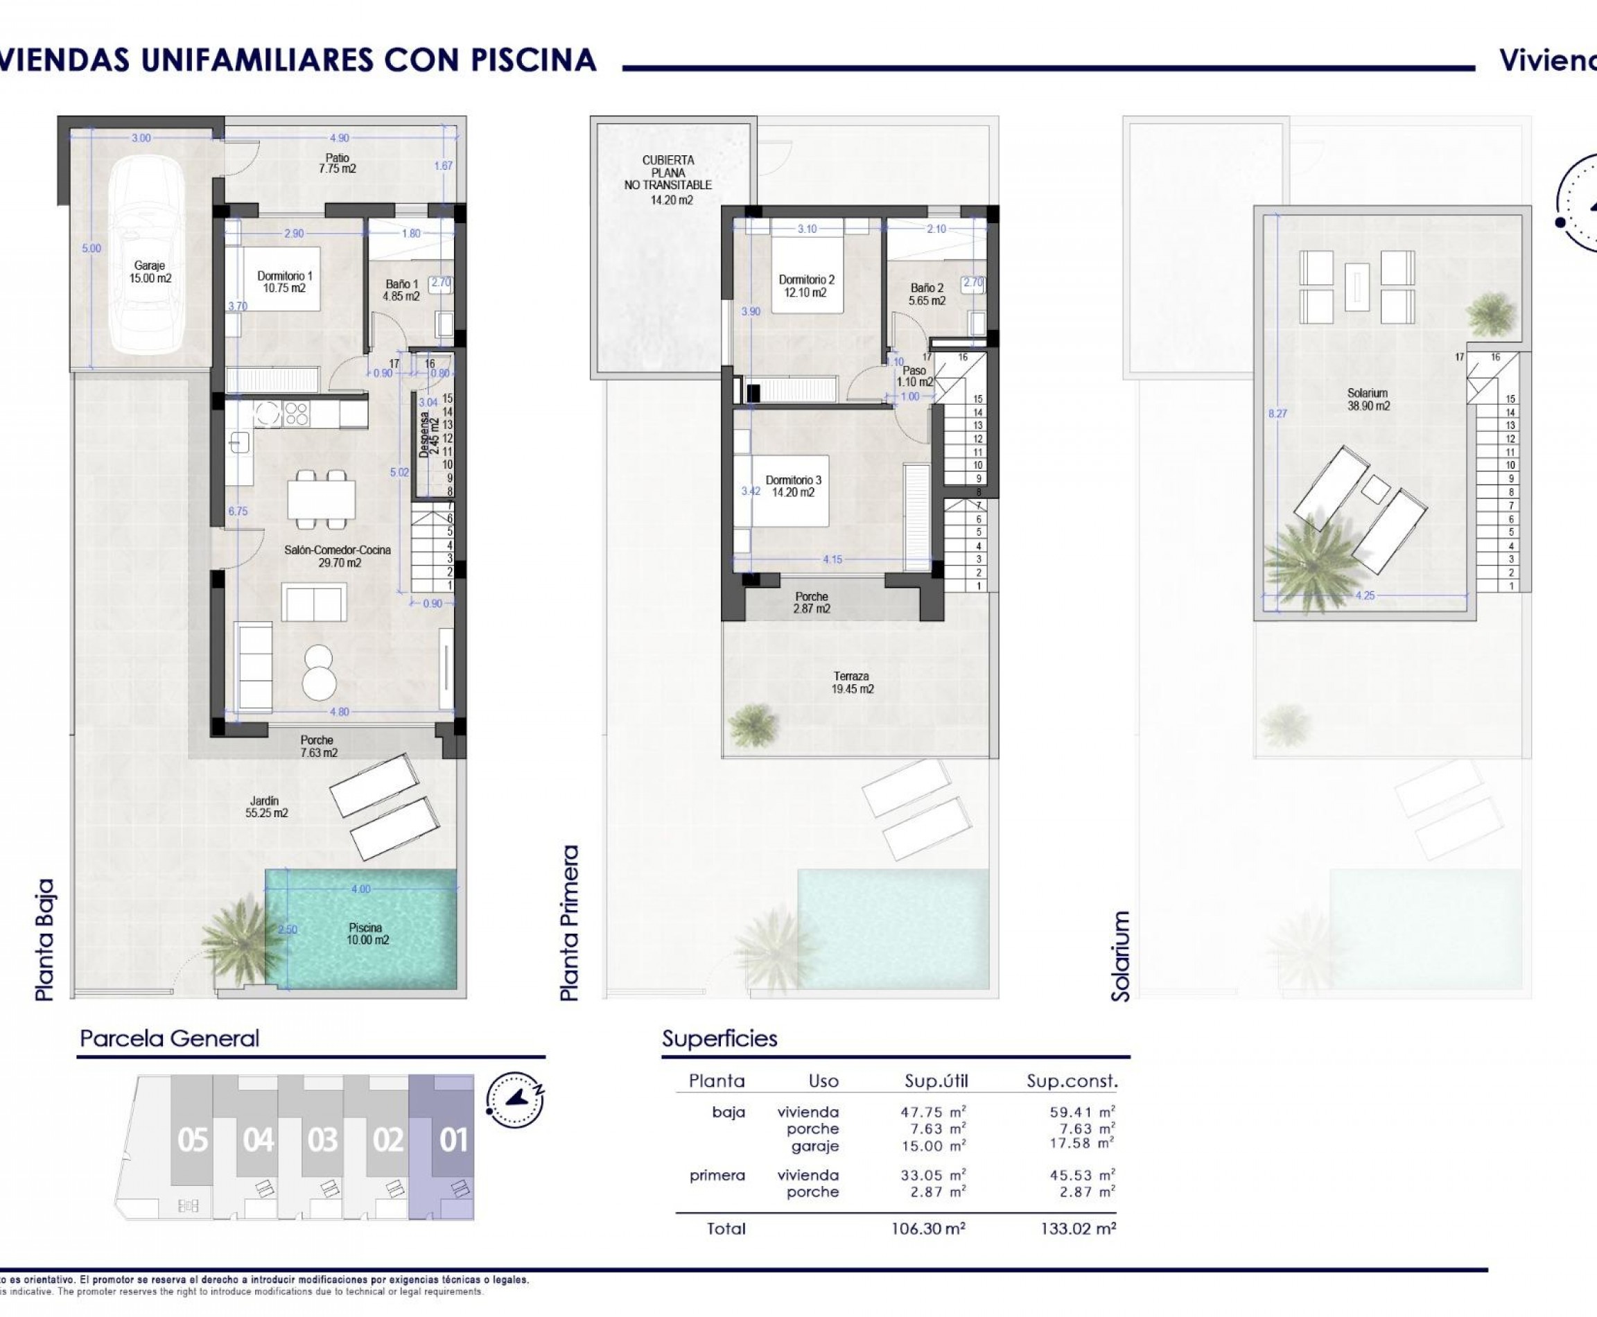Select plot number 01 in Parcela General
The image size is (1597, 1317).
(x=453, y=1140)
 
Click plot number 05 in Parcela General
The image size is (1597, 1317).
(x=193, y=1140)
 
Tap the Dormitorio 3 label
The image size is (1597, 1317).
(x=793, y=485)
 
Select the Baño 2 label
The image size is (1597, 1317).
(x=926, y=295)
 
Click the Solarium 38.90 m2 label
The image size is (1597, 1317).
(x=1368, y=399)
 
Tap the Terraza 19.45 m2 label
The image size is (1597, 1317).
(x=851, y=682)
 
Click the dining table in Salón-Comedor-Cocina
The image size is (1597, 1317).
(x=321, y=498)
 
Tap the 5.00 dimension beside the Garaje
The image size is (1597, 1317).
(x=91, y=248)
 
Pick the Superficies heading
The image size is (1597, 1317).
(x=719, y=1038)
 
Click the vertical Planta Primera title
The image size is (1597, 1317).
(x=569, y=923)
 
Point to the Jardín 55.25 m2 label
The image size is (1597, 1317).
(x=265, y=806)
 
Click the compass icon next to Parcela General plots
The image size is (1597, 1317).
(x=515, y=1099)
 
